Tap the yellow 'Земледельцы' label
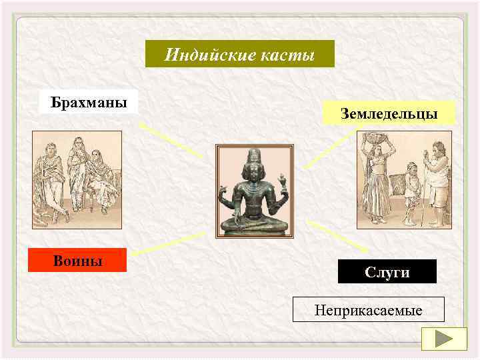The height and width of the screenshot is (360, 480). click(x=389, y=113)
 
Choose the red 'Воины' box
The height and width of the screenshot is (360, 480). click(x=77, y=260)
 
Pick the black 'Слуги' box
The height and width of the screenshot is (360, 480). click(x=387, y=272)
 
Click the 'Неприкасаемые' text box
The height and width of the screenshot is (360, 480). click(x=368, y=310)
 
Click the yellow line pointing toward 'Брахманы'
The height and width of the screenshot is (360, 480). click(x=170, y=140)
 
